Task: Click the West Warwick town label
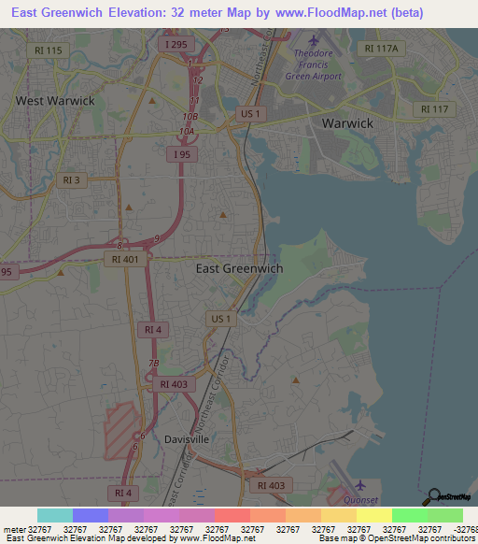coord(55,99)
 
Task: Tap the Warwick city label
coord(347,122)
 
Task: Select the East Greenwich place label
coord(239,267)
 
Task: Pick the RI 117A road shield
coord(381,49)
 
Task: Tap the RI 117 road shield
coord(434,109)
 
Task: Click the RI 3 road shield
coord(69,179)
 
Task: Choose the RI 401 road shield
coord(124,261)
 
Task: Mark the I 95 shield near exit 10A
coord(183,153)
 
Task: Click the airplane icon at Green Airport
coord(313,41)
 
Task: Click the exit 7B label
coord(155,362)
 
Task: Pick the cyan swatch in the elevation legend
coord(55,515)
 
